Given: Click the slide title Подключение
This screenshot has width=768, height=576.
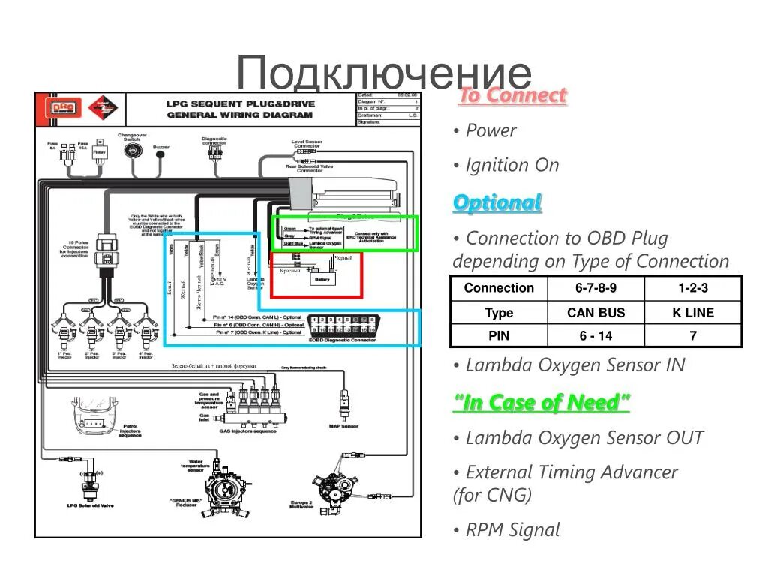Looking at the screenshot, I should tap(383, 74).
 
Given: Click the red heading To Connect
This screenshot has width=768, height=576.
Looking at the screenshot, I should tap(511, 95).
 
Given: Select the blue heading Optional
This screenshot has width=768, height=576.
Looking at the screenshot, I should tap(496, 202).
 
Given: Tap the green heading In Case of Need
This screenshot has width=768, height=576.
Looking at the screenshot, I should tap(541, 403).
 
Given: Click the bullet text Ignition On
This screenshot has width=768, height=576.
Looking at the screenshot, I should tap(511, 166).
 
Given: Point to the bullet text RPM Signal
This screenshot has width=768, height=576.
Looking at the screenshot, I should tap(512, 530).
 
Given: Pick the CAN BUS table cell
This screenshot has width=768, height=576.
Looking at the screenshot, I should tap(595, 313).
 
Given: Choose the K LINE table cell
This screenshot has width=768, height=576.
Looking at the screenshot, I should tap(692, 313).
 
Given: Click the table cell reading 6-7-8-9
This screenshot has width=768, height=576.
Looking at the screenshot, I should tap(595, 288).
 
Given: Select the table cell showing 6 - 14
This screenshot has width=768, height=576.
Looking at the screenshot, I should tap(595, 335).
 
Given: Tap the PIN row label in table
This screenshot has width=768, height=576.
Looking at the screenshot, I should tap(499, 335).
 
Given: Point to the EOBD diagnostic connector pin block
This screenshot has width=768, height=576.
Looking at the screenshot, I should tap(342, 325).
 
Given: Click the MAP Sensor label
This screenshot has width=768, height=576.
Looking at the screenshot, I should tap(343, 426).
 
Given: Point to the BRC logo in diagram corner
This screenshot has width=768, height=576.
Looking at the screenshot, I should tap(63, 108).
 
